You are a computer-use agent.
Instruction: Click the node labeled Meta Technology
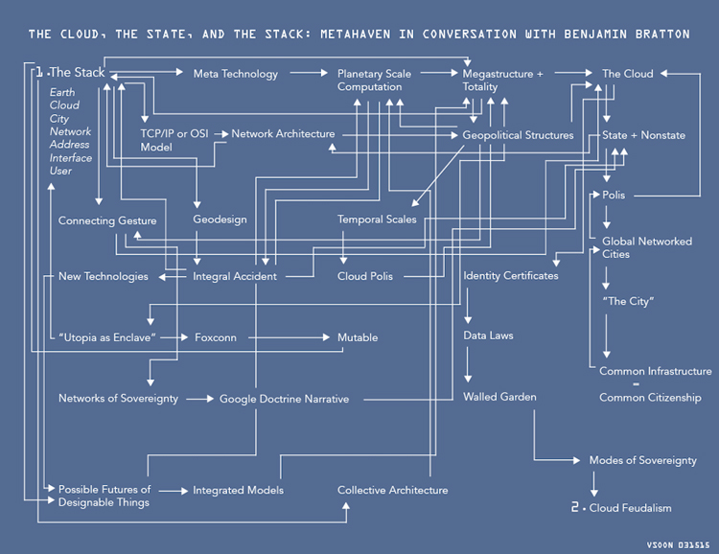[x=235, y=74]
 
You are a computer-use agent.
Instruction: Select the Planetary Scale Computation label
[x=376, y=81]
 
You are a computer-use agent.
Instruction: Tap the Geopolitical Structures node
[x=518, y=135]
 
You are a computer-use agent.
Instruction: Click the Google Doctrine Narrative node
[x=284, y=399]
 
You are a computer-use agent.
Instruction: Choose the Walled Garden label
[x=499, y=397]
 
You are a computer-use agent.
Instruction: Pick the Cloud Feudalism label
[x=630, y=508]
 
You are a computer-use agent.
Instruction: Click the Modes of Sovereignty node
[x=642, y=461]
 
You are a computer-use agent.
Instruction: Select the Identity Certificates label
[x=510, y=276]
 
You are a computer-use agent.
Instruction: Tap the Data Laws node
[x=488, y=336]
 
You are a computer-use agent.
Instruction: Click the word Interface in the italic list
[x=71, y=158]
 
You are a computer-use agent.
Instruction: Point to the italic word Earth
[x=63, y=92]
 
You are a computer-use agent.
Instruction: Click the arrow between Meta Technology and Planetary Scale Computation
[x=307, y=74]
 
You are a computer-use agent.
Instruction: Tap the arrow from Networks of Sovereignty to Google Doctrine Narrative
[x=197, y=399]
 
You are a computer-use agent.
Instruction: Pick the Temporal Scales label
[x=377, y=219]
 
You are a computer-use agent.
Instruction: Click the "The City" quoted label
[x=628, y=302]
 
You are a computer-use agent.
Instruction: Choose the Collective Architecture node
[x=392, y=491]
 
